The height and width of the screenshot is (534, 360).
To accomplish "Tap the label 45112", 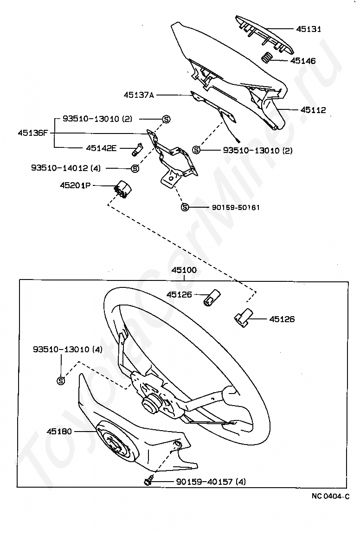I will pos(313,110).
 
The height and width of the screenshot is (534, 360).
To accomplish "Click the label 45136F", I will pos(33,133).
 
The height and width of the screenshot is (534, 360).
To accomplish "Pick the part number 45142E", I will pos(101,148).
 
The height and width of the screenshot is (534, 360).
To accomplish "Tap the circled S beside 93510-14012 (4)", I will pos(135,168).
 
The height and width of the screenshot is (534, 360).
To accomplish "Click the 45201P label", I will pos(75,185).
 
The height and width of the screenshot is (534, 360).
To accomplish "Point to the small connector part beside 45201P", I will pos(122,188).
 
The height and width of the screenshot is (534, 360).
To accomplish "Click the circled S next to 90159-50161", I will pos(184,207).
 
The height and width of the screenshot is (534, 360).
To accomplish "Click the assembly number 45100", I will pos(184,270).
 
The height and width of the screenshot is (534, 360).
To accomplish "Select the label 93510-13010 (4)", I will pos(68,349).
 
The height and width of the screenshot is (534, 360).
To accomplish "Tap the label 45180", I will pos(59,431).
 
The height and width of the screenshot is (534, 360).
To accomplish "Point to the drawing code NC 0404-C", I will pos(330,496).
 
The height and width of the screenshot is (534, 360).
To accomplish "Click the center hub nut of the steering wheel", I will pos(150,402).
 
